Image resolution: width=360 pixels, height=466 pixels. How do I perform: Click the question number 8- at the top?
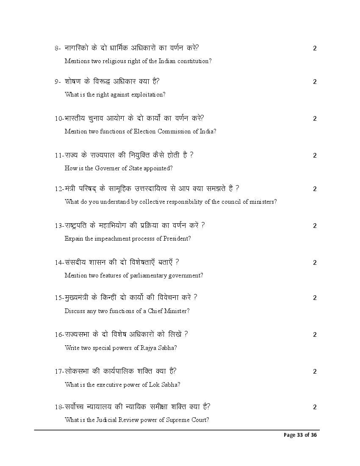pos(58,48)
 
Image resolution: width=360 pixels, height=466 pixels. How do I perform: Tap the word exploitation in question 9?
pos(147,94)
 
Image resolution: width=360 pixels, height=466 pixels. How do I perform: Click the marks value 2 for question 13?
pos(315,226)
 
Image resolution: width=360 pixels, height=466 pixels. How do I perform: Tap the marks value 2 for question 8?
pos(315,48)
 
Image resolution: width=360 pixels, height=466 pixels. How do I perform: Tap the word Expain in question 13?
pos(73,239)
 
